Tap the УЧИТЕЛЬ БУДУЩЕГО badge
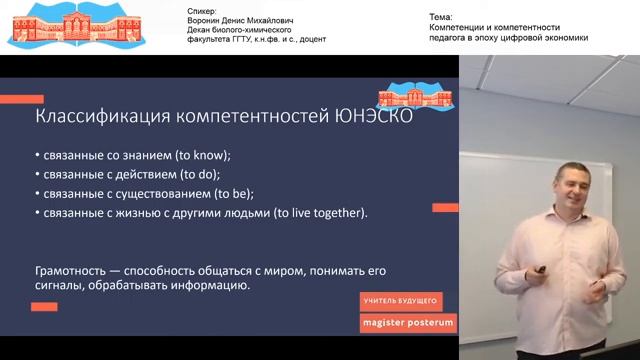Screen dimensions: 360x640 point(401,300)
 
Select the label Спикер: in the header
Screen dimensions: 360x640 point(202,10)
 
